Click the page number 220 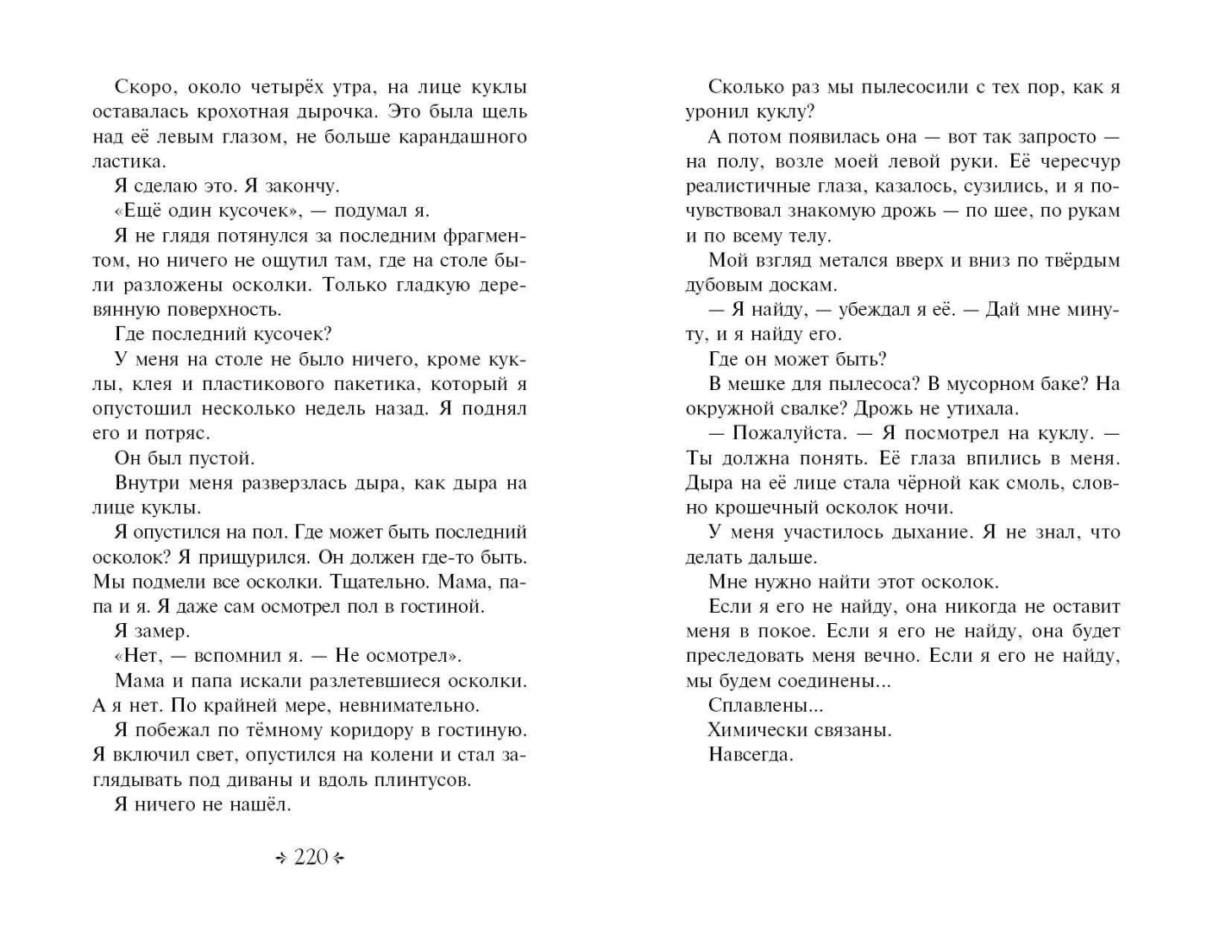tap(311, 857)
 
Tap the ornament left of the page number tap(280, 858)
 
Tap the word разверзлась tap(282, 483)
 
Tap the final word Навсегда tap(750, 755)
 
